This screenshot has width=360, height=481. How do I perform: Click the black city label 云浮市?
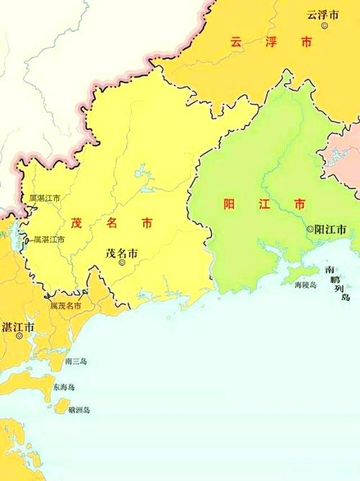click(322, 14)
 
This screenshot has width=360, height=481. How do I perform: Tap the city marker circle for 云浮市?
click(325, 25)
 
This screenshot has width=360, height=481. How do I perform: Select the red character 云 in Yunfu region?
click(235, 42)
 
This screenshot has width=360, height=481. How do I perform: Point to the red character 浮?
click(271, 42)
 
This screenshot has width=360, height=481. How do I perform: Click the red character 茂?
click(76, 223)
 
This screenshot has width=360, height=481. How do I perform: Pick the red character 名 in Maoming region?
click(112, 223)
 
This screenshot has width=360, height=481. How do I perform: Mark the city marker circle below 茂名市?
click(121, 264)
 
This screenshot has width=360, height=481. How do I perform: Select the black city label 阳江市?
click(331, 229)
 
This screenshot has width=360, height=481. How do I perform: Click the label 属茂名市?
click(65, 307)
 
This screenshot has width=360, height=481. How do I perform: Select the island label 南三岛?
click(75, 361)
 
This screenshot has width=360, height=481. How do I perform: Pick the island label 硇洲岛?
click(79, 410)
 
